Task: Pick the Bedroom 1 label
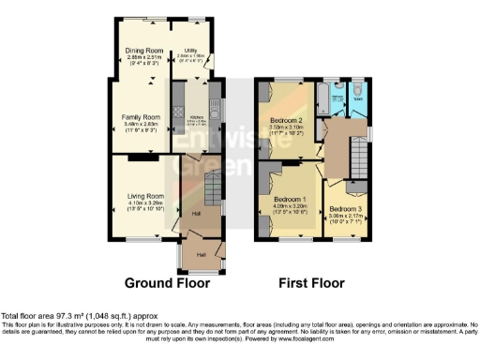click(x=291, y=200)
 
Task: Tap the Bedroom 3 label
click(x=345, y=209)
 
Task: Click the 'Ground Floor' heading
click(x=165, y=281)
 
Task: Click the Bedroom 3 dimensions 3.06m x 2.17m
click(x=345, y=216)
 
